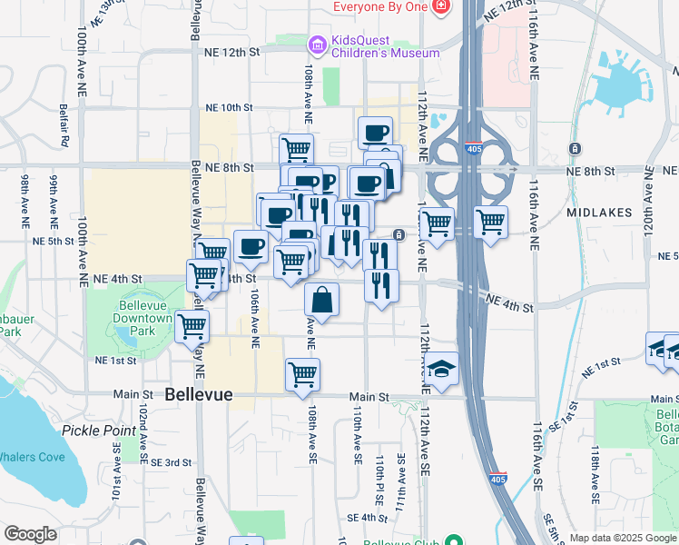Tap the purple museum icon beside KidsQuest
point(317,43)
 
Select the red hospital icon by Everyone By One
point(441,7)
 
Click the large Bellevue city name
point(199,395)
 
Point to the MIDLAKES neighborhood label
point(598,212)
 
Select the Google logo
point(30,534)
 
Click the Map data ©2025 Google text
point(622,538)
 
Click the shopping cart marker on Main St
point(302,373)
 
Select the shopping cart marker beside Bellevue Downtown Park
point(192,326)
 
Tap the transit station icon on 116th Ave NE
point(575,148)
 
